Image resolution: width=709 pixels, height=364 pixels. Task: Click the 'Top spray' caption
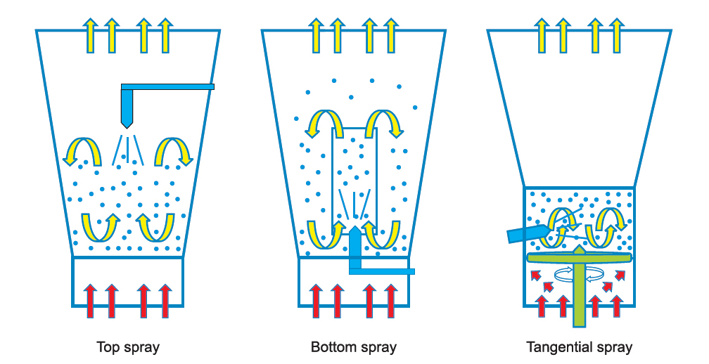point(128,347)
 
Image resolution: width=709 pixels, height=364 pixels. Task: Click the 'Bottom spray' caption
point(354,347)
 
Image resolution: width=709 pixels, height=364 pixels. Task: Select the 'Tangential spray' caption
point(580,347)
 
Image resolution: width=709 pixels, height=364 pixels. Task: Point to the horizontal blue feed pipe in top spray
point(169,86)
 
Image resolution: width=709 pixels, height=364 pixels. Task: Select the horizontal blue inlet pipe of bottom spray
point(384,271)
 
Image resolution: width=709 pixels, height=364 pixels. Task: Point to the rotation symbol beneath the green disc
point(570,273)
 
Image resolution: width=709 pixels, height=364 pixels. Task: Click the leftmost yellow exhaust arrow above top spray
point(90,35)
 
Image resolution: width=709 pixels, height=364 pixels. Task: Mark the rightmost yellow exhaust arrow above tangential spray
point(617,35)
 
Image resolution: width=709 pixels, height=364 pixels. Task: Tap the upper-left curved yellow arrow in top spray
point(79,150)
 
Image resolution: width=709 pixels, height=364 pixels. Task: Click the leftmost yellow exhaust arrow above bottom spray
point(317,35)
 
